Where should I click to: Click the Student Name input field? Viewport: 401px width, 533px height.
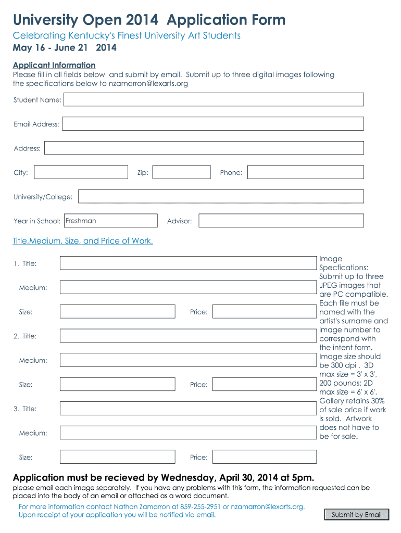[214, 99]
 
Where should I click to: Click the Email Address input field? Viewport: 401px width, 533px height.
[212, 124]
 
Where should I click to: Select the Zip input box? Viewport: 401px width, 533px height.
[181, 172]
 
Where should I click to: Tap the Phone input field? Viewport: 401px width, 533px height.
[305, 172]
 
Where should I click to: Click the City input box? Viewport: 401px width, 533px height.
[81, 172]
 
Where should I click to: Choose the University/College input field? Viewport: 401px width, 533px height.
[221, 196]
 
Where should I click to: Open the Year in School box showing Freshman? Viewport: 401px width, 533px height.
[110, 221]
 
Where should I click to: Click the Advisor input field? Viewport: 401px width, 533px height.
[281, 221]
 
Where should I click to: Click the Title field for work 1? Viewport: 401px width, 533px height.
[188, 263]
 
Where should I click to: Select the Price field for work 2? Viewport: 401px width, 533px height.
[265, 384]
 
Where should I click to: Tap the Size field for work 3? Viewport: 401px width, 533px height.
[117, 457]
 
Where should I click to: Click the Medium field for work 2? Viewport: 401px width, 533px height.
[188, 360]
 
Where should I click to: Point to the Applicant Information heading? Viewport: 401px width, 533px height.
[54, 65]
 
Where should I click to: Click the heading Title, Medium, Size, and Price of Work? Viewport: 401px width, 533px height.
[83, 241]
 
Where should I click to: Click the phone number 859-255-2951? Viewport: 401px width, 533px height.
[200, 506]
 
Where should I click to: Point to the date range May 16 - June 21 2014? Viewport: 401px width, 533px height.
[65, 48]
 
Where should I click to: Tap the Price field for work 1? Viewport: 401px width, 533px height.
[265, 312]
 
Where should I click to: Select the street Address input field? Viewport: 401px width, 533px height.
[204, 148]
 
